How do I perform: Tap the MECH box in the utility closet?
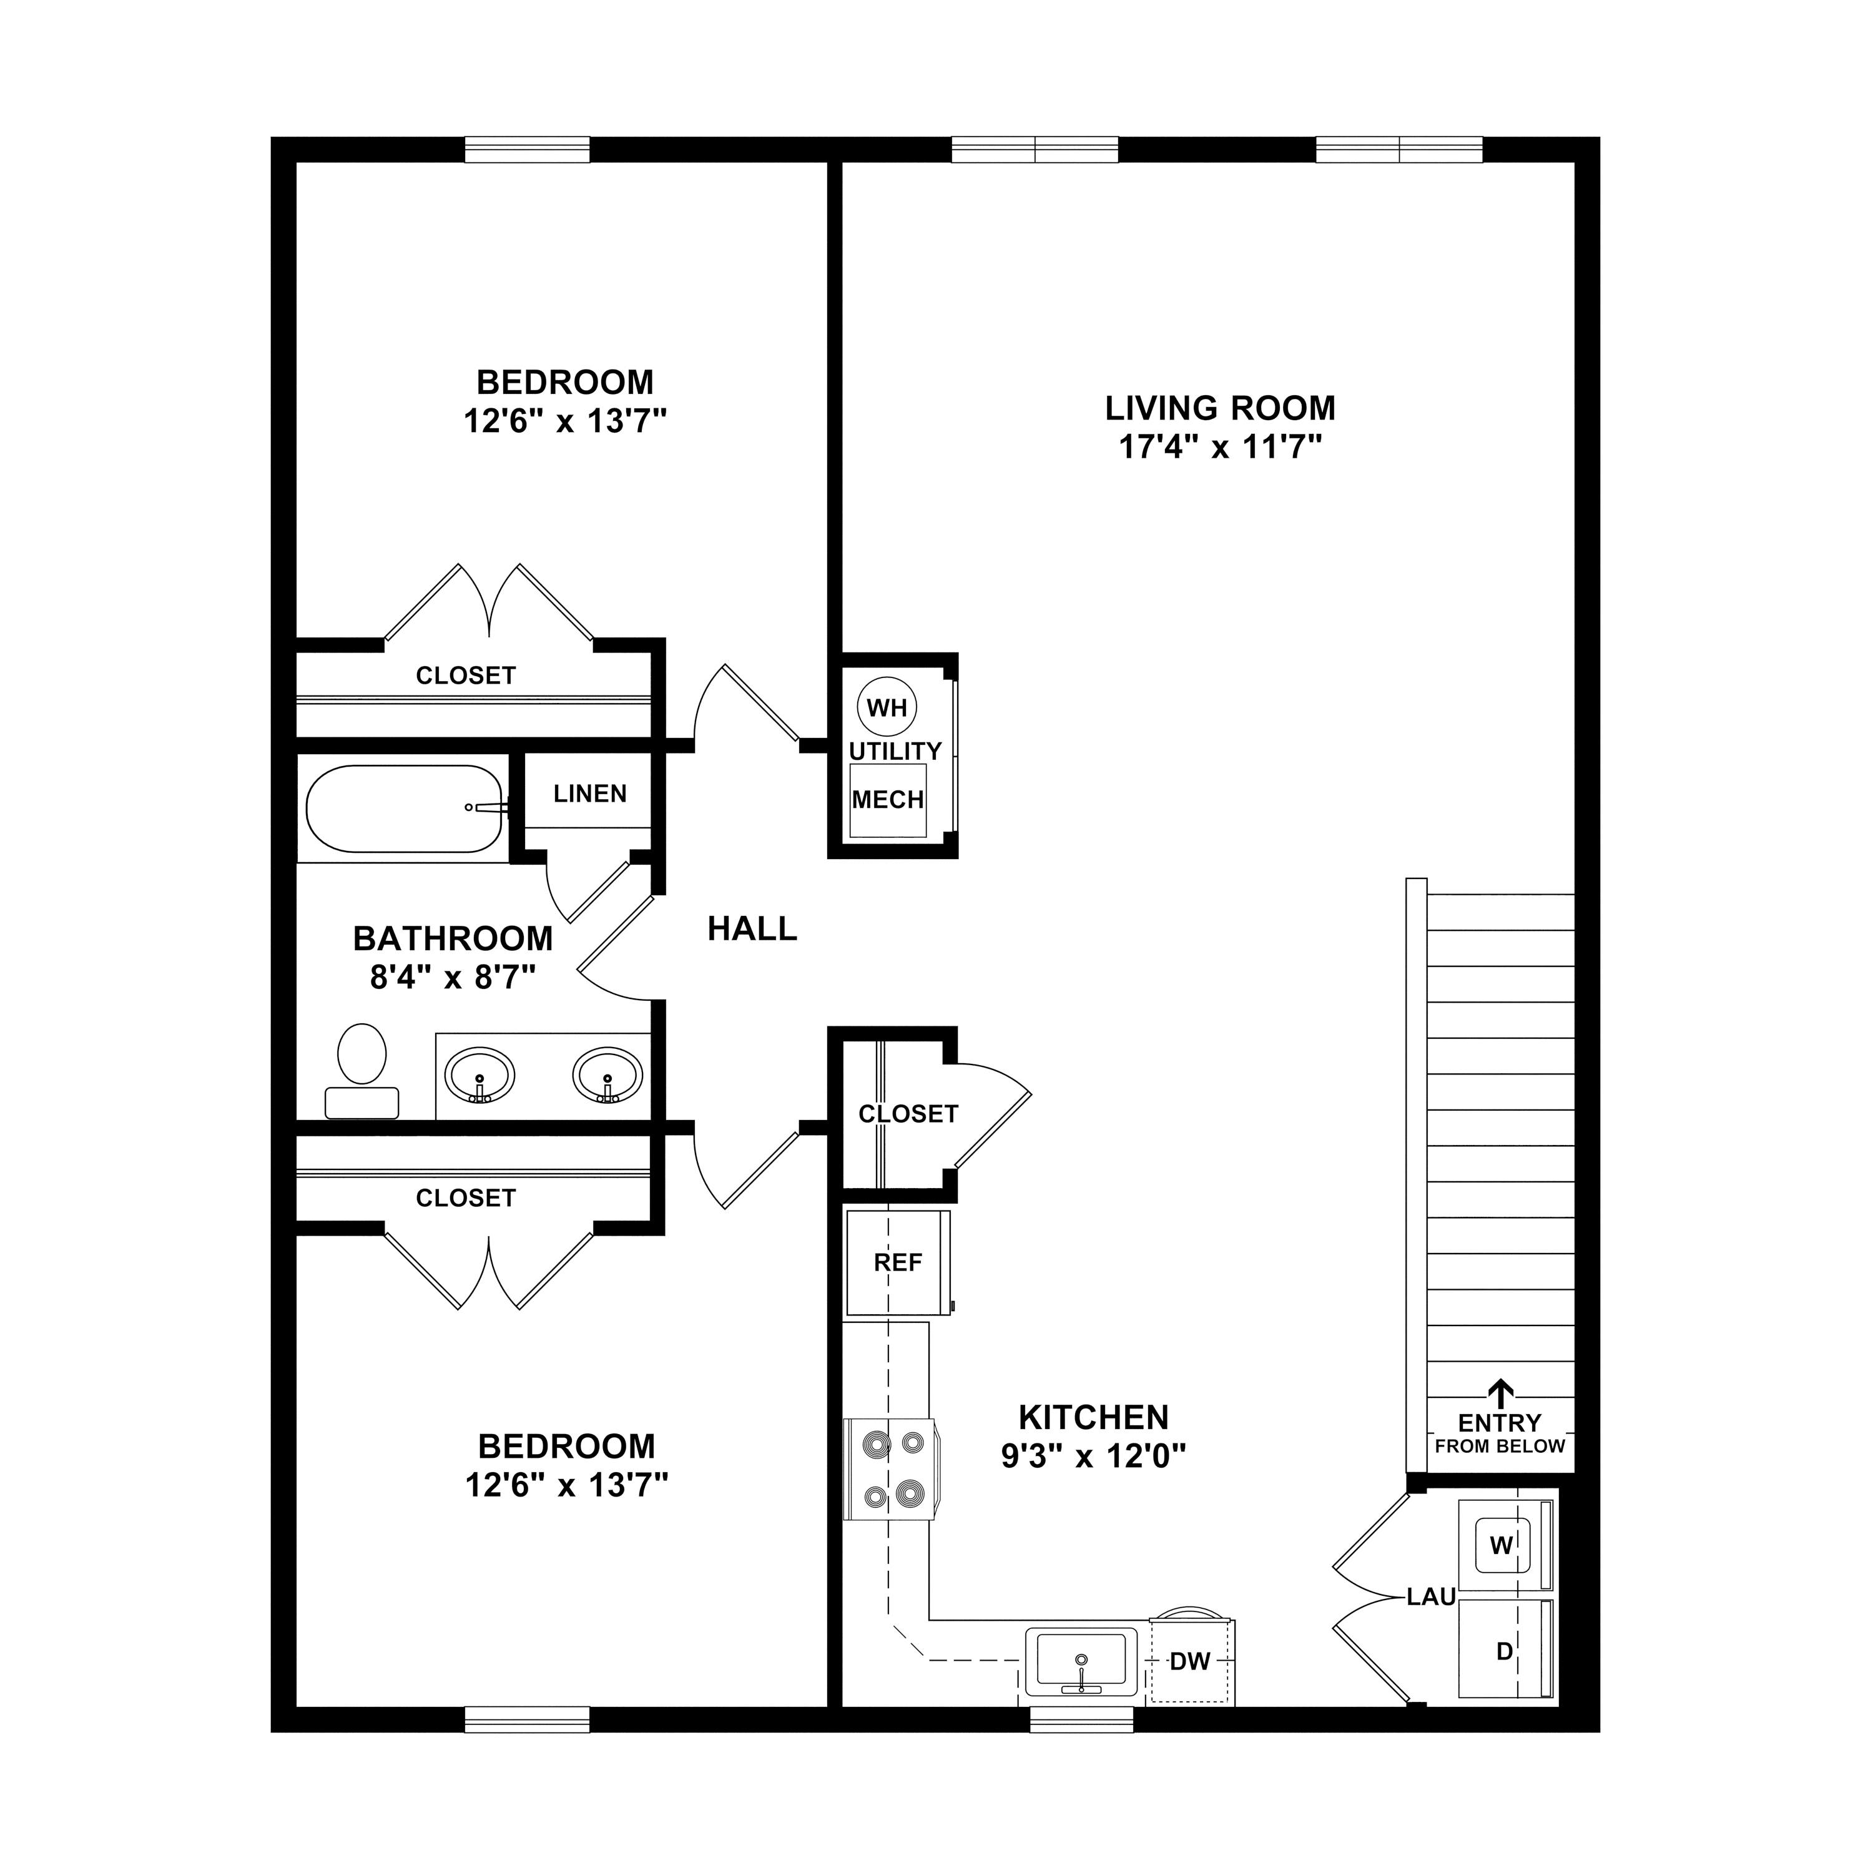click(x=887, y=800)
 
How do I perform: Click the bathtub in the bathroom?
click(x=405, y=809)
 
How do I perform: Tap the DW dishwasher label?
click(x=1189, y=1661)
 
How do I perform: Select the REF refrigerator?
click(x=897, y=1262)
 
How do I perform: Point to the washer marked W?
click(x=1502, y=1545)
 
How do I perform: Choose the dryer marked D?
click(x=1503, y=1651)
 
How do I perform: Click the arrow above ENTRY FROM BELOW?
click(x=1501, y=1393)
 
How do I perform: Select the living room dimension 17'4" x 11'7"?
click(x=1221, y=448)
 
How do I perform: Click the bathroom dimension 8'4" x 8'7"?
click(x=453, y=976)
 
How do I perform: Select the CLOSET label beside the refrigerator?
click(x=907, y=1114)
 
